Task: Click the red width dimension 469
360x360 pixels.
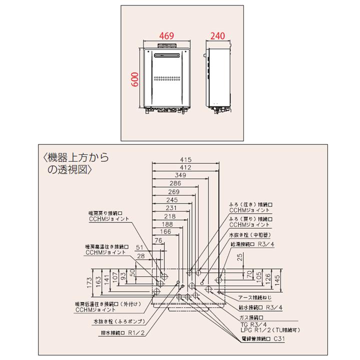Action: click(166, 36)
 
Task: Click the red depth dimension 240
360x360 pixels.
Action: click(218, 36)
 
